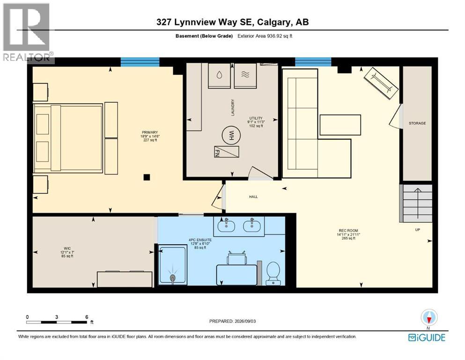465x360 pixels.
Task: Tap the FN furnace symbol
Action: click(227, 152)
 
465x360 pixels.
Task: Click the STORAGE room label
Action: click(417, 123)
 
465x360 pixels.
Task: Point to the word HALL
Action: click(253, 197)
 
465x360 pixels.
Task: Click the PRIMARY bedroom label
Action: click(150, 132)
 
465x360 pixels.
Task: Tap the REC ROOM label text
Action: click(348, 231)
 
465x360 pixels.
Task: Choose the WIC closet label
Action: click(67, 248)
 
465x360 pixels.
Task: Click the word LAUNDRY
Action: click(233, 107)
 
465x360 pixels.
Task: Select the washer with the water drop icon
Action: click(219, 75)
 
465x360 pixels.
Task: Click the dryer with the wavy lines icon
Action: click(245, 75)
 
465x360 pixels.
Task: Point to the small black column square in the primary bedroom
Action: click(147, 177)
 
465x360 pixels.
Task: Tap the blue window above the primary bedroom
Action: click(140, 62)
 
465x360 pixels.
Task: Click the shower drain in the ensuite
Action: click(173, 277)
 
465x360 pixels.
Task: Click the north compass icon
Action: click(428, 317)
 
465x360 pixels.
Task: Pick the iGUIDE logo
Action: click(427, 337)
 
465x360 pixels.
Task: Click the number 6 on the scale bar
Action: click(87, 317)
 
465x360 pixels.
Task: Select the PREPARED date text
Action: click(232, 321)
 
